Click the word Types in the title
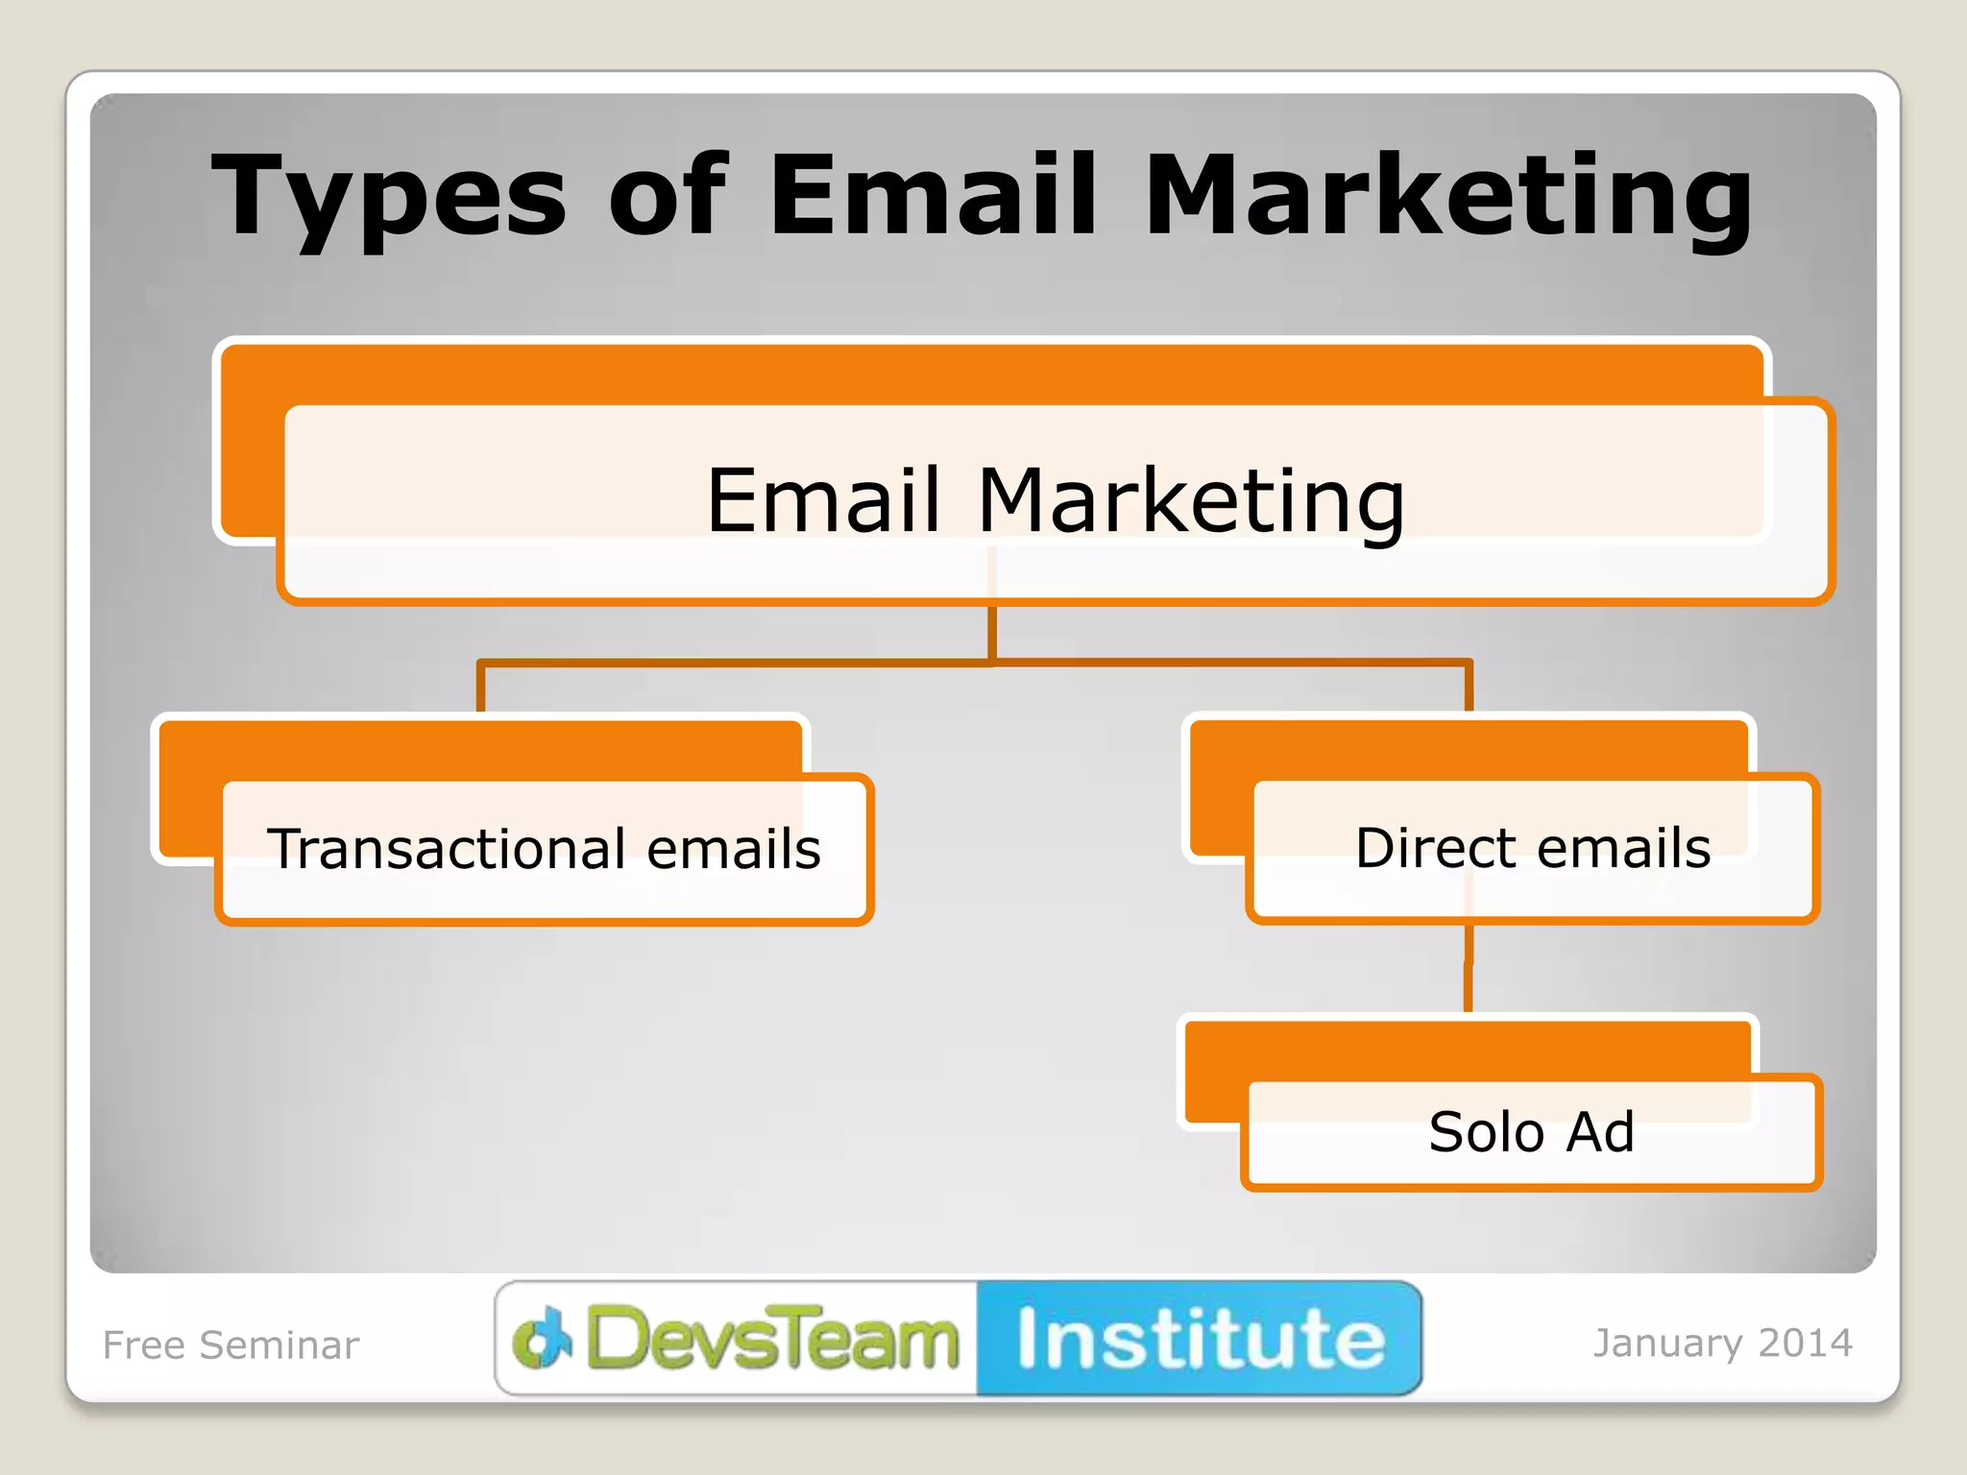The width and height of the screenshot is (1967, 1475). click(389, 197)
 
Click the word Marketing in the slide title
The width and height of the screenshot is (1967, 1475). click(1448, 197)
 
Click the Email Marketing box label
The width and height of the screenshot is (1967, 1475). click(1055, 500)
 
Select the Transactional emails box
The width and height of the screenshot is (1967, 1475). click(544, 849)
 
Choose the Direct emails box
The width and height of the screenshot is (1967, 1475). click(1532, 848)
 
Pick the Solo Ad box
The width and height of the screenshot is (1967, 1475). click(1531, 1131)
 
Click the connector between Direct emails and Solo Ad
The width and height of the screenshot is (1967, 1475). click(1469, 968)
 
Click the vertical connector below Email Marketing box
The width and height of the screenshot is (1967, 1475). click(992, 631)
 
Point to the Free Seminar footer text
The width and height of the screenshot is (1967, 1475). click(231, 1345)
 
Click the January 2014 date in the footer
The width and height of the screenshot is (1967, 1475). click(1723, 1343)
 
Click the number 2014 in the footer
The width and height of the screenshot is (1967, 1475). click(1806, 1343)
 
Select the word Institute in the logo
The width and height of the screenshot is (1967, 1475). click(1201, 1339)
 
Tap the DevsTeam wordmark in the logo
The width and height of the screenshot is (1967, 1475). click(773, 1339)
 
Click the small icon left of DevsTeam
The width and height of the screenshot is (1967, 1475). click(543, 1337)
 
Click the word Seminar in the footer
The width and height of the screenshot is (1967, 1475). click(279, 1345)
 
